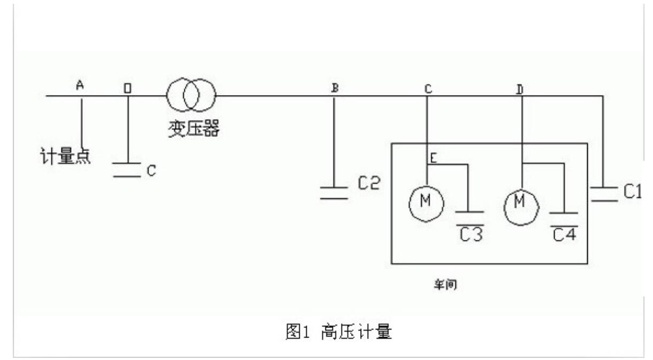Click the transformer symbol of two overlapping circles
[192, 96]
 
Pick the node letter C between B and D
[427, 89]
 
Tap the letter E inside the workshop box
[434, 158]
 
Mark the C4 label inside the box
[564, 233]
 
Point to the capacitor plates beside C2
[333, 193]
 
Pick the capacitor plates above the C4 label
[564, 216]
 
